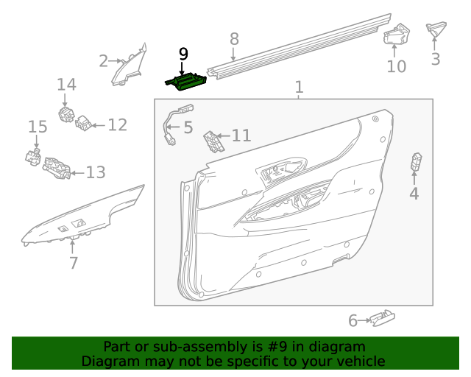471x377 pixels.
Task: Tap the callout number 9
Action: (183, 54)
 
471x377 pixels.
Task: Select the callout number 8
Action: (234, 39)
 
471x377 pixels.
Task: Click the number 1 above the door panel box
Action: (299, 88)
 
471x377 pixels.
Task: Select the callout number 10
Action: (396, 66)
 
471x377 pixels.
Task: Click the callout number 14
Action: (66, 85)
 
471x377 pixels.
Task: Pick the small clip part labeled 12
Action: (85, 124)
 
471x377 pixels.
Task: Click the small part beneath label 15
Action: (32, 157)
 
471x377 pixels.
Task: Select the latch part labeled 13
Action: (57, 169)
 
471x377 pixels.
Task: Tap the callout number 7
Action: (73, 261)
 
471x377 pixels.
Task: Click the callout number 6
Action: (353, 320)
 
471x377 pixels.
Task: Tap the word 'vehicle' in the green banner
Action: (360, 361)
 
